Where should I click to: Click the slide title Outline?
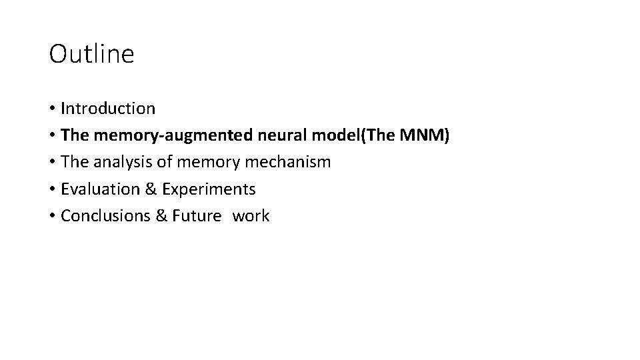pos(91,54)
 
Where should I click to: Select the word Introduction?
pos(108,108)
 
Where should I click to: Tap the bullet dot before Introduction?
pos(52,109)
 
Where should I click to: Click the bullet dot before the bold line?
pos(52,136)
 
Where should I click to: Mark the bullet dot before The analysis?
pos(52,163)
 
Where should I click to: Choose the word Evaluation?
pos(99,189)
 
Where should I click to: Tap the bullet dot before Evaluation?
pos(52,190)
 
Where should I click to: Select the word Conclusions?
pos(103,216)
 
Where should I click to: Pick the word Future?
pos(195,216)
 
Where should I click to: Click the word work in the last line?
pos(251,216)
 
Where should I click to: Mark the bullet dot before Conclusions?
pos(52,217)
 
